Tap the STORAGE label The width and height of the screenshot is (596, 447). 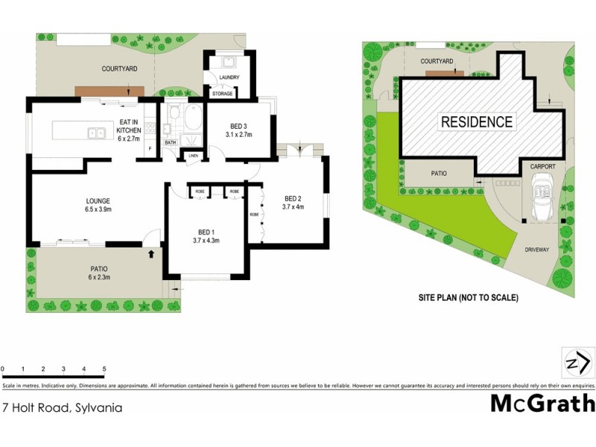[x=223, y=94]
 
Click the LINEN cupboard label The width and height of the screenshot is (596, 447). [x=193, y=156]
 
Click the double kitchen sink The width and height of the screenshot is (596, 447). [x=95, y=134]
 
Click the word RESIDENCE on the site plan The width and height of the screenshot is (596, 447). [x=477, y=122]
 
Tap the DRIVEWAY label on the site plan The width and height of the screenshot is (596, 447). [x=536, y=250]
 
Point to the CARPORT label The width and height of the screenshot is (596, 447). [x=543, y=168]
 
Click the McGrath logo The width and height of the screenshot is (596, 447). [x=542, y=404]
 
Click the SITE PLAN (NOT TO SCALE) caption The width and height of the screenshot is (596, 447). [x=468, y=298]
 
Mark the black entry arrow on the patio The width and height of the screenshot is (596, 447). [x=152, y=255]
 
